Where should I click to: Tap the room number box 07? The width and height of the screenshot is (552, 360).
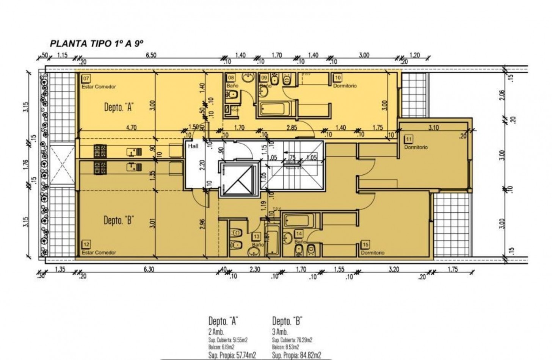click(86, 79)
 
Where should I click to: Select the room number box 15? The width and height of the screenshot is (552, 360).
click(365, 245)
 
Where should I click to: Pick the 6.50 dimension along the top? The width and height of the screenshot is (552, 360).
click(151, 55)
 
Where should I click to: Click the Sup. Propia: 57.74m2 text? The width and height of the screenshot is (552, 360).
click(232, 355)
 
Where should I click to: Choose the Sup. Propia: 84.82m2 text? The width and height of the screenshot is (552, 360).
click(296, 355)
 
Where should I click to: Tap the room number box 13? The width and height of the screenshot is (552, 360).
click(257, 237)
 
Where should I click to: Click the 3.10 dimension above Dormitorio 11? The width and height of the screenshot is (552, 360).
click(433, 128)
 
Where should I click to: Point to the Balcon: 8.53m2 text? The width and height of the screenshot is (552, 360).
click(285, 347)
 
